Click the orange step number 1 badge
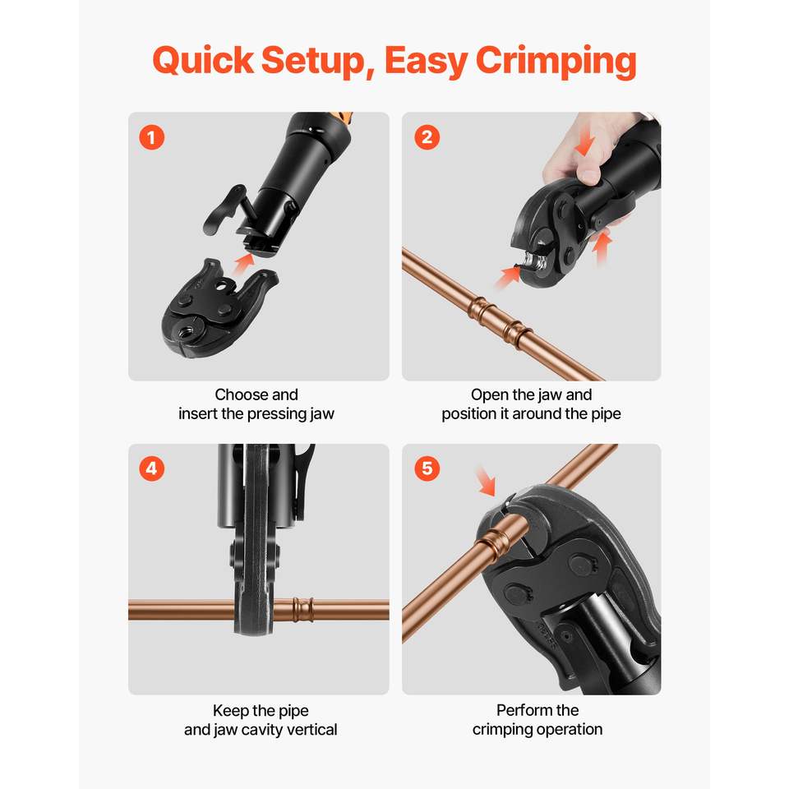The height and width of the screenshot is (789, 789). click(151, 137)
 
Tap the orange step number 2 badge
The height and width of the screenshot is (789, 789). click(427, 137)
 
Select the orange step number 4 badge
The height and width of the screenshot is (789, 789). click(151, 468)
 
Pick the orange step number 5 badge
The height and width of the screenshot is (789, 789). click(427, 468)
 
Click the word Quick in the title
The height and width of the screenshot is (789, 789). click(203, 61)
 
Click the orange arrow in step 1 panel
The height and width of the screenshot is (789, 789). click(243, 263)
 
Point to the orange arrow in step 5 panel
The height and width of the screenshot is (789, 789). click(486, 481)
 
